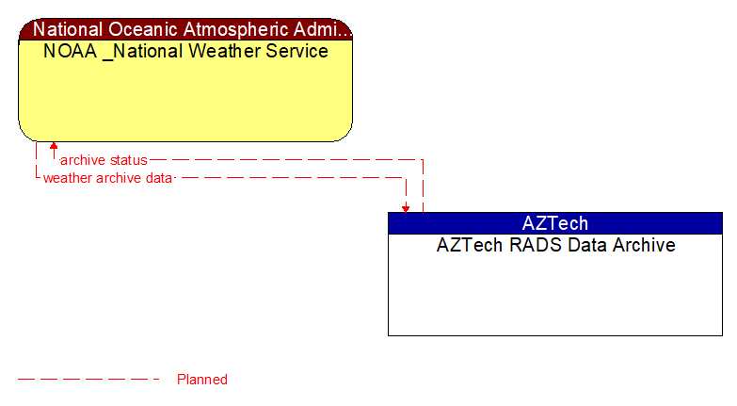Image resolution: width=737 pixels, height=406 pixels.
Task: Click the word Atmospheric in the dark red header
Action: (x=233, y=29)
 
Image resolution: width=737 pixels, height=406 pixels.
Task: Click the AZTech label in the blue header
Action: (x=554, y=223)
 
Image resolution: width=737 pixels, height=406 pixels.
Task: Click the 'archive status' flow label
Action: (x=104, y=160)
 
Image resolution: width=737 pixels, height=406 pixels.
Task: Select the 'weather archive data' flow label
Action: (x=107, y=177)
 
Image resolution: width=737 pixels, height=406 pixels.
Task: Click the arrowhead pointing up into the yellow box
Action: (x=54, y=146)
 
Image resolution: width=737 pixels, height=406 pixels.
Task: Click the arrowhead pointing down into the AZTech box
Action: (x=406, y=207)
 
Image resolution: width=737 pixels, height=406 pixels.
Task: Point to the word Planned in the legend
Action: (x=202, y=380)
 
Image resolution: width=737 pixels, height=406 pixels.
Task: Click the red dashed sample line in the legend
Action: (x=88, y=380)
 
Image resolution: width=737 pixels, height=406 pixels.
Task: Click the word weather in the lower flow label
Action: (x=68, y=177)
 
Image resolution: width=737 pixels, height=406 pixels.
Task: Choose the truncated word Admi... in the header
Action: (x=326, y=29)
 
